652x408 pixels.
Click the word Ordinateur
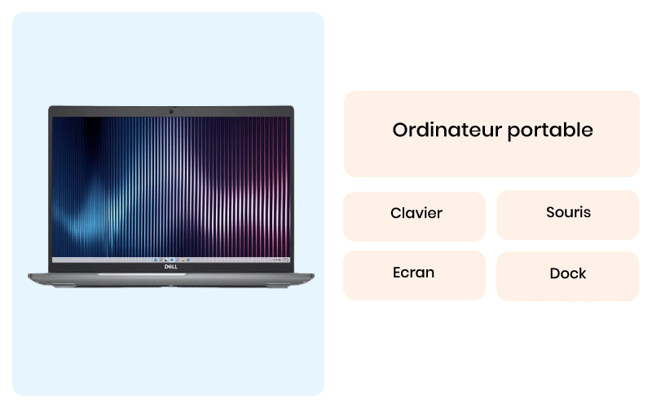tap(447, 130)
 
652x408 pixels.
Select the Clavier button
tap(415, 216)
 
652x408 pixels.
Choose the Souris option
tap(567, 215)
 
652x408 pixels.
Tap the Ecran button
tap(415, 275)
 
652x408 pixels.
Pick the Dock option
tap(567, 276)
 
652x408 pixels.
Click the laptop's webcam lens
tap(171, 111)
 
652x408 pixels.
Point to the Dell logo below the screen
tap(171, 267)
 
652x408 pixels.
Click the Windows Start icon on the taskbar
tap(156, 259)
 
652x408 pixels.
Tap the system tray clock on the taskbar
tap(285, 259)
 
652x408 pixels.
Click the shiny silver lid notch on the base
tap(142, 274)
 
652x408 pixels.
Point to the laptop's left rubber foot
tap(64, 285)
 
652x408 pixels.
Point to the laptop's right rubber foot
tap(279, 285)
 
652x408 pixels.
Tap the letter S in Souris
tap(551, 212)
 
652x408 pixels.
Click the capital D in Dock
tap(555, 273)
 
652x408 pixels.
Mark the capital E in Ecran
tap(397, 273)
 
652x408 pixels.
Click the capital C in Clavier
tap(395, 213)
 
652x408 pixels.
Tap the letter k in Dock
tap(582, 273)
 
